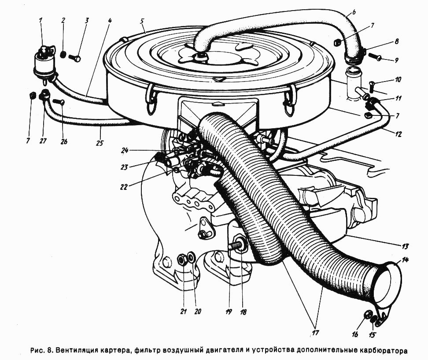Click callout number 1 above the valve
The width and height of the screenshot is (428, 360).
click(41, 20)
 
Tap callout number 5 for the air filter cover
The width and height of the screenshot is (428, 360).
click(143, 21)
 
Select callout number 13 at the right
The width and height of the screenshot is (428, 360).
click(406, 246)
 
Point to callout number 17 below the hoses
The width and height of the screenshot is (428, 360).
click(316, 333)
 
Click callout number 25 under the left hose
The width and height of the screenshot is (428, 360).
click(100, 143)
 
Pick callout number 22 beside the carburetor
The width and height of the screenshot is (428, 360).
click(124, 187)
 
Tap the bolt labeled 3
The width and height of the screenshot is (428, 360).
click(74, 58)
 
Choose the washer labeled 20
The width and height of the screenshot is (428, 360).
click(192, 256)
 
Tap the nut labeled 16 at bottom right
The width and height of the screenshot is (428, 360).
click(368, 314)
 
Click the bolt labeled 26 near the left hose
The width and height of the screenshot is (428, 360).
click(60, 102)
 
